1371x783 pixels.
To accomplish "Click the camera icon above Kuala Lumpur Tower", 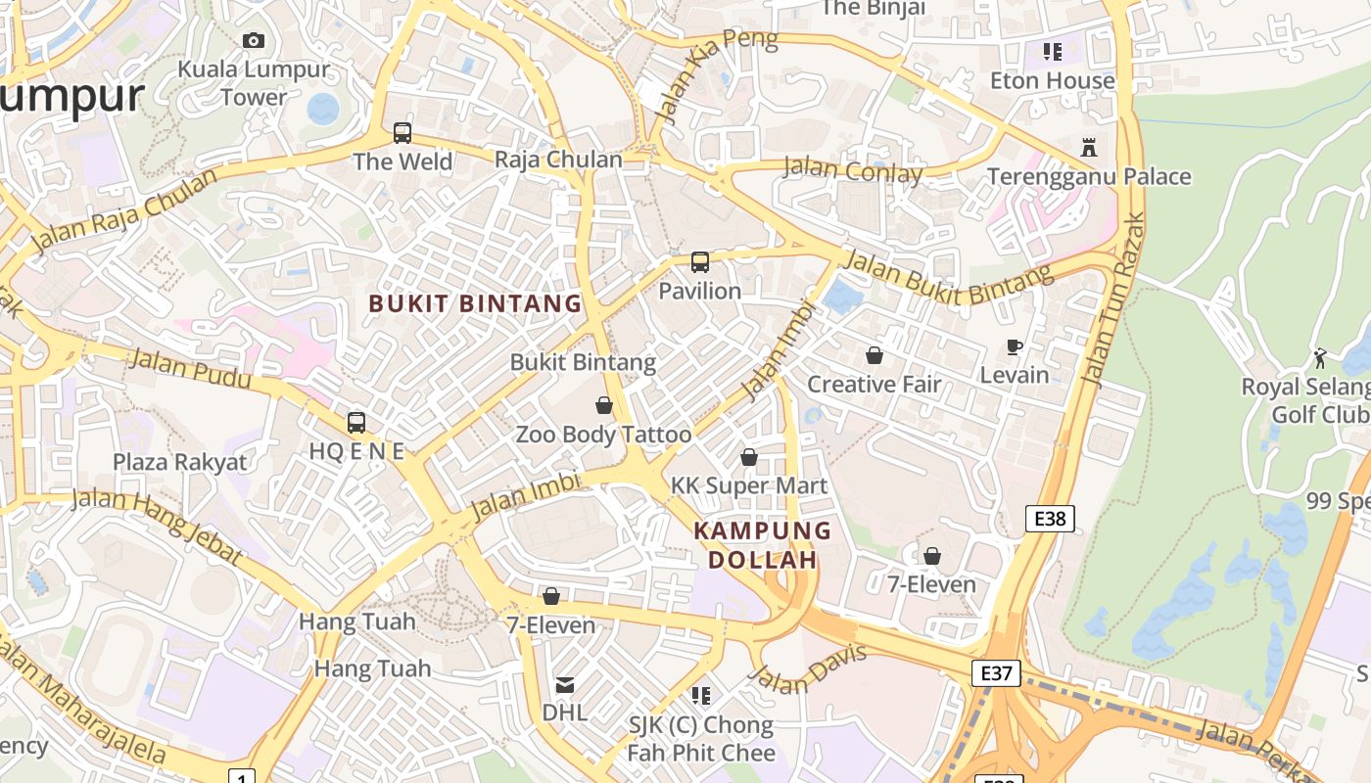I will pos(254,40).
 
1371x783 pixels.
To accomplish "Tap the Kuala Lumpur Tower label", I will pos(254,83).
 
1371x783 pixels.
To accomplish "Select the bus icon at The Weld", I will pos(402,133).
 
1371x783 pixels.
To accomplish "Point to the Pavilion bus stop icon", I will pos(699,262).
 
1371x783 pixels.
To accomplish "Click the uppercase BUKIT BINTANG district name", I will pos(475,303).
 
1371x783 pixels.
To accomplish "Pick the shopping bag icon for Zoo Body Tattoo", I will pos(604,405).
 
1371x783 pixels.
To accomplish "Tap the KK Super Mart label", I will pos(749,485).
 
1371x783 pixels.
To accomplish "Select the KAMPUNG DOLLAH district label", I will pos(762,545).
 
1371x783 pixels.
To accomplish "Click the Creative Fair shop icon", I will pos(874,355).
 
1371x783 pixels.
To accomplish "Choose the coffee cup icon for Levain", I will pos(1015,346).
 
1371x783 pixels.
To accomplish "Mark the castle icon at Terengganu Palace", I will pos(1088,148).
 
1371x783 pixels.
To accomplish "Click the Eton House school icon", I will pos(1052,51).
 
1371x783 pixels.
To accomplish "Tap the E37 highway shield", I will pos(996,673).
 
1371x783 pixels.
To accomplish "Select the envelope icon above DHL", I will pos(565,684).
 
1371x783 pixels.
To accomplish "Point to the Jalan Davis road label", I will pos(808,668).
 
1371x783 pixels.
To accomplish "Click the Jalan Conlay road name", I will pos(853,171).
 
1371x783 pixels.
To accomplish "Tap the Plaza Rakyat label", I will pos(180,462).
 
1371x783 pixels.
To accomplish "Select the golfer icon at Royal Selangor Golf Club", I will pos(1320,358).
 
